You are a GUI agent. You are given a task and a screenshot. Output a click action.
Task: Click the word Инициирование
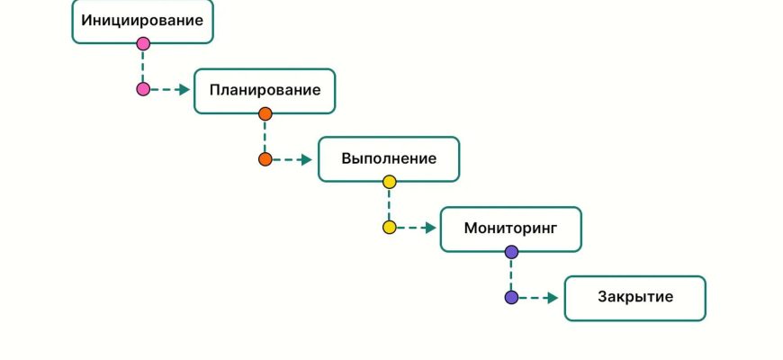142,20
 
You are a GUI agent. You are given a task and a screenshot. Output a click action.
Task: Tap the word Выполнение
389,159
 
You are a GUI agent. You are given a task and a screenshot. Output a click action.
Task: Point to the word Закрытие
634,298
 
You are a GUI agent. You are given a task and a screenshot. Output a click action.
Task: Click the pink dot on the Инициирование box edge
143,43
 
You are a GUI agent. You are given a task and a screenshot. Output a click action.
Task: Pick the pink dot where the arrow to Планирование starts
143,89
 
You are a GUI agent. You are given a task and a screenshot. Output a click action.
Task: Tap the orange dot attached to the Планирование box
265,113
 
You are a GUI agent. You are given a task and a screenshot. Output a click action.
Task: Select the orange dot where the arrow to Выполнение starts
265,159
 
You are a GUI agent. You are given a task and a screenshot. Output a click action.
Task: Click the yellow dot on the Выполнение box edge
389,182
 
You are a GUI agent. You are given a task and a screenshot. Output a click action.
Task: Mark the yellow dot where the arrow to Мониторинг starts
389,228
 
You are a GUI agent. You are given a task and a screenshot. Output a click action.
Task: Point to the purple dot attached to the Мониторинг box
511,252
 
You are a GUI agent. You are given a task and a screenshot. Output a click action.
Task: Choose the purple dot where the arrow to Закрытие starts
511,297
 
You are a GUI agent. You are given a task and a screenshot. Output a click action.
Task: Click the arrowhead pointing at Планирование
184,89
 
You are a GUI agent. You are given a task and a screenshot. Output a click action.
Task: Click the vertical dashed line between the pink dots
143,66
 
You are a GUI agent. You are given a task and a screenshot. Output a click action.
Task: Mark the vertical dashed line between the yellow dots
389,205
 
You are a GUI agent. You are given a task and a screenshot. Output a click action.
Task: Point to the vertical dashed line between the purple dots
511,274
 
